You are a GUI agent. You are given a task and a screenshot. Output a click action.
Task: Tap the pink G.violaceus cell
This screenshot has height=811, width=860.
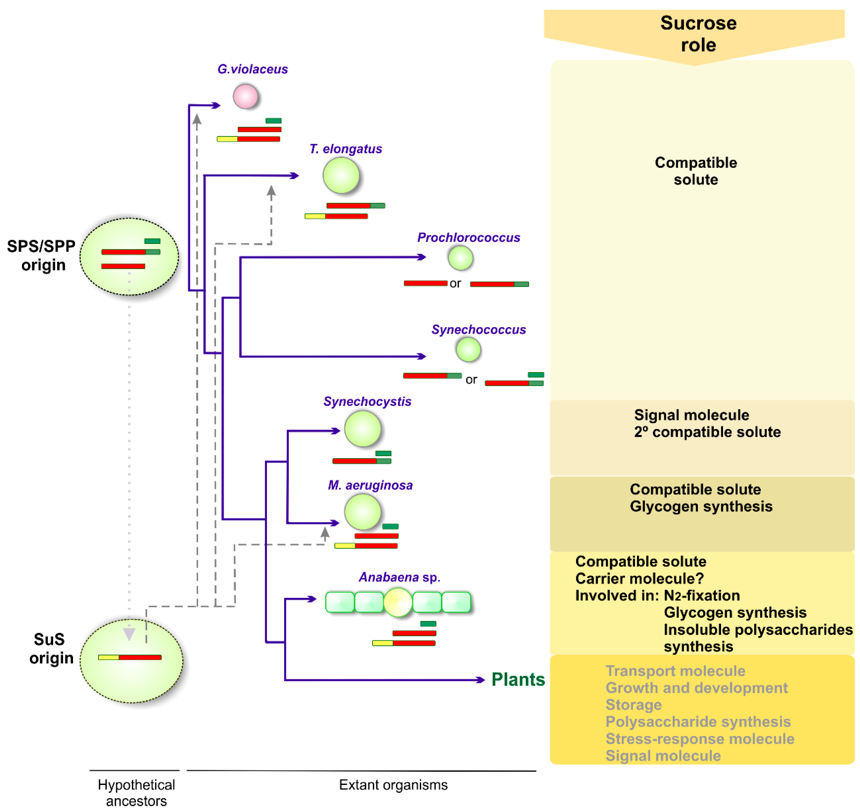pyautogui.click(x=245, y=96)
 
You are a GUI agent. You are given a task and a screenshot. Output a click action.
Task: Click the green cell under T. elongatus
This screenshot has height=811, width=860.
pyautogui.click(x=341, y=175)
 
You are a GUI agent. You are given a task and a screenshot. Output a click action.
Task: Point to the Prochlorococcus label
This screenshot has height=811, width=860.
pyautogui.click(x=468, y=237)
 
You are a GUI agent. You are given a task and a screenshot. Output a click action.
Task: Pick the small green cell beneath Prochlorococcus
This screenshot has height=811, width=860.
pyautogui.click(x=460, y=258)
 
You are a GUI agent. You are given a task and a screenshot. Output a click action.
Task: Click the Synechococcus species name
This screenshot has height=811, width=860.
pyautogui.click(x=478, y=329)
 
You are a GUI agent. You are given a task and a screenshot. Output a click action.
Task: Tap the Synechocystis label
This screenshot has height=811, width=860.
pyautogui.click(x=367, y=401)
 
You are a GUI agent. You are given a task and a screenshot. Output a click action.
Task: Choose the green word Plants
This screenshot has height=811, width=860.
pyautogui.click(x=518, y=680)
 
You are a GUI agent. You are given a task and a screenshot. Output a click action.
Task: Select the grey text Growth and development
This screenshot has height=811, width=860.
pyautogui.click(x=696, y=688)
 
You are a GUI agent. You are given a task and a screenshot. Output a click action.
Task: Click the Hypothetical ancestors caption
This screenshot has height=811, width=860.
pyautogui.click(x=136, y=792)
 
